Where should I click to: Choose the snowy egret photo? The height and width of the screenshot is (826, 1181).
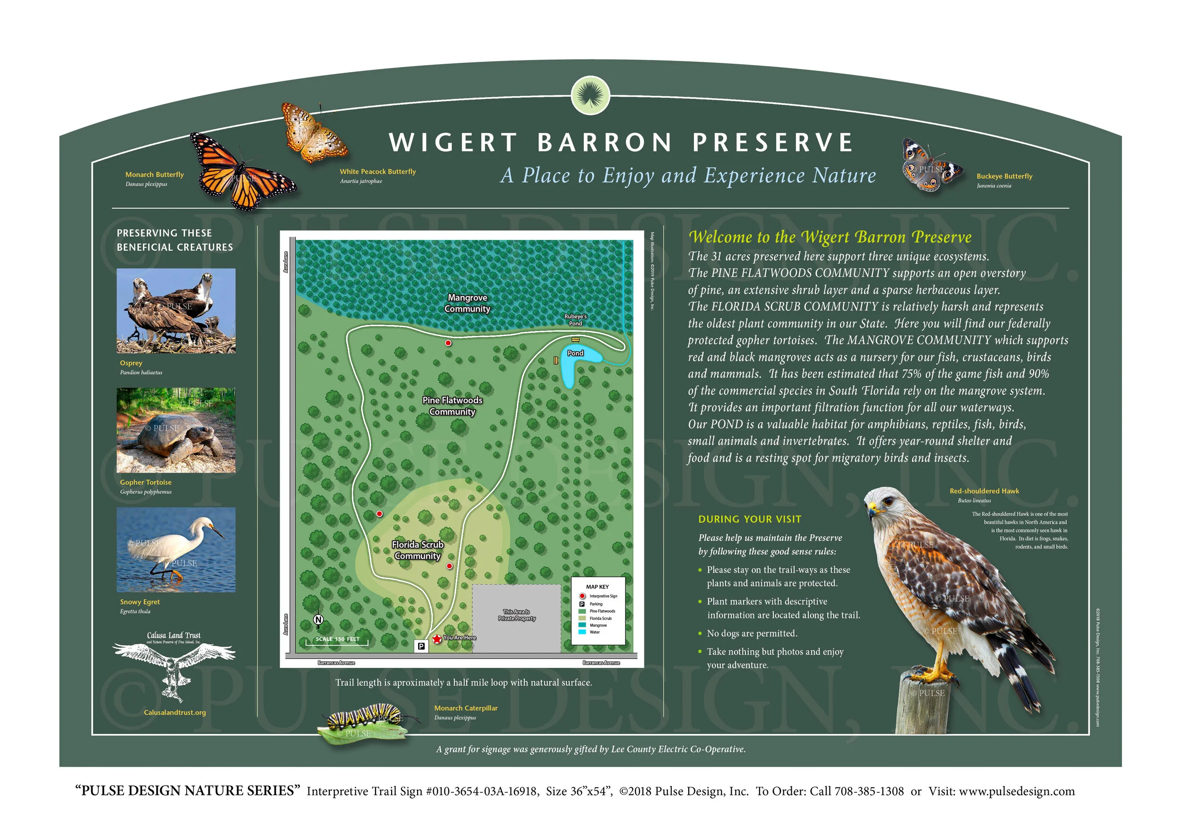click(x=176, y=549)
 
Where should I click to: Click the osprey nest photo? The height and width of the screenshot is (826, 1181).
click(x=176, y=311)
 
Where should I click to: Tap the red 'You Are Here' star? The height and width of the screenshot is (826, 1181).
click(x=436, y=639)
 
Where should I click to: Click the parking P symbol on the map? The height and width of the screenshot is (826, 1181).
click(x=421, y=646)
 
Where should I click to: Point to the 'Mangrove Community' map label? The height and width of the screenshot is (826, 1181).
click(x=467, y=303)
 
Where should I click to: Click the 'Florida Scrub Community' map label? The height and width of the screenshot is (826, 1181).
click(x=418, y=550)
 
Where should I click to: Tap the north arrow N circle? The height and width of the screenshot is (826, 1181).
click(x=318, y=620)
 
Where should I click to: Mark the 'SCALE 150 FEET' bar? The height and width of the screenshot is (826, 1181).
click(x=337, y=640)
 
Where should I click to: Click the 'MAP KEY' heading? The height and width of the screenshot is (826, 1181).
click(x=597, y=587)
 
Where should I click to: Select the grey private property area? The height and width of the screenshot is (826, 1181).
click(x=516, y=617)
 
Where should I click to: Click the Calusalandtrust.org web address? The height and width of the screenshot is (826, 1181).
click(x=175, y=712)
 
